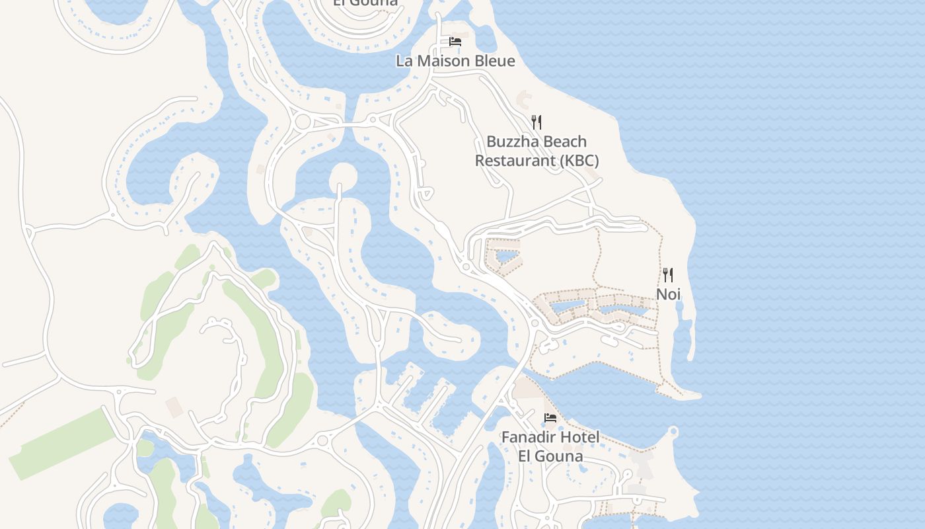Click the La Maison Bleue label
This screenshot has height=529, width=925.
coord(455,61)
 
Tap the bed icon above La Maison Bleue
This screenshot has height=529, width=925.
coord(455,42)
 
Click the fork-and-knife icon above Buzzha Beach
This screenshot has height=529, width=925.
coord(536,122)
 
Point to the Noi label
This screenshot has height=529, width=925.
coord(668,294)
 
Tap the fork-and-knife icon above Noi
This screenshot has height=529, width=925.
coord(668,274)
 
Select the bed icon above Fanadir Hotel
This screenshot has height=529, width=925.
coord(550,418)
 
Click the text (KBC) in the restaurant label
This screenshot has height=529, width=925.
coord(579,161)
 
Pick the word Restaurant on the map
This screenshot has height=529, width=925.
coord(515,161)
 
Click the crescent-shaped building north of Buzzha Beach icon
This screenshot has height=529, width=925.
coord(523,101)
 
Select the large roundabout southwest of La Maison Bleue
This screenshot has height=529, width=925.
coord(303,122)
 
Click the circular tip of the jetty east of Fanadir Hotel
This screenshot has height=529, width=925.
coord(673,432)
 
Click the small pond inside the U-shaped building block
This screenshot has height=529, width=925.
coord(506,256)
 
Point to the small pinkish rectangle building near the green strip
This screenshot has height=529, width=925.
coord(174,407)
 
